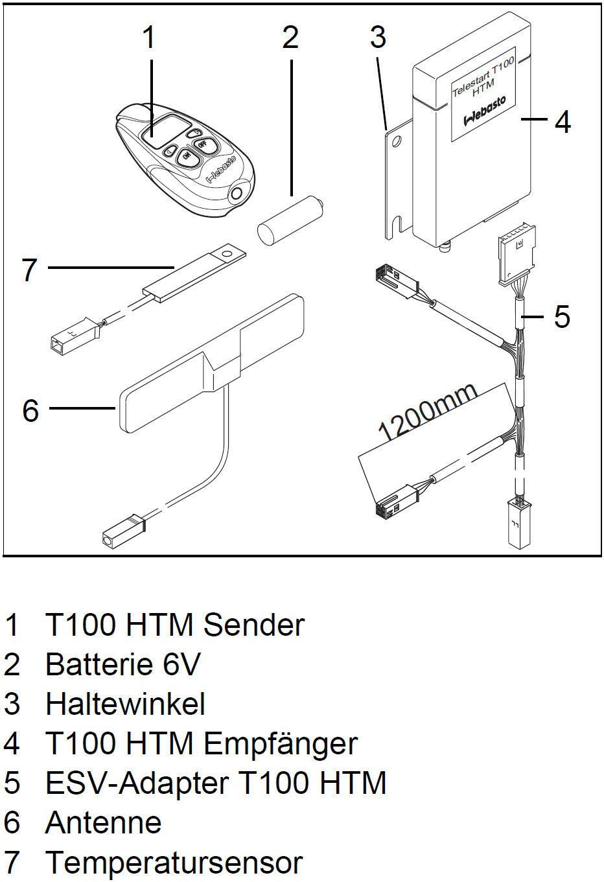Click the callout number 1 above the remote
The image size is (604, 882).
coord(149,38)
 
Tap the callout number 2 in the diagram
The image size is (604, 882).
coord(290,38)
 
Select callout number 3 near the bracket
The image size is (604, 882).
coord(378,38)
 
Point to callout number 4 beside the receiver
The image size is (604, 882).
coord(563,121)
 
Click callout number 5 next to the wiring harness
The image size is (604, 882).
coord(562,317)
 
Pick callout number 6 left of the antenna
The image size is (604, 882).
coord(30,410)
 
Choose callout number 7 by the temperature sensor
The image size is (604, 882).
coord(29,270)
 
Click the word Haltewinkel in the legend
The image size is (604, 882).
coord(125,704)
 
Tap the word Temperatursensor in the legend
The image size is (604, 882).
coord(174,863)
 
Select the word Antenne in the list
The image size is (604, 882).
coord(103,822)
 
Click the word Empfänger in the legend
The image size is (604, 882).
coord(280,743)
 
